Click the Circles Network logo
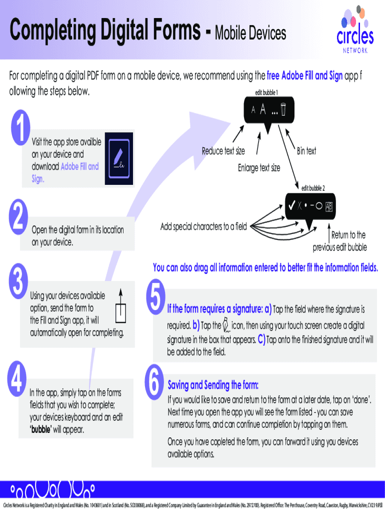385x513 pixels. [x=355, y=30]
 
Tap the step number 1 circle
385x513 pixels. [x=20, y=127]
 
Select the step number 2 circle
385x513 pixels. [x=18, y=216]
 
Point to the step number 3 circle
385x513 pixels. [x=18, y=281]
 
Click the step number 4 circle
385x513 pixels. [x=16, y=379]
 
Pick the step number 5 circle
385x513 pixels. [x=156, y=297]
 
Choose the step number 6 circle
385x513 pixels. [x=154, y=382]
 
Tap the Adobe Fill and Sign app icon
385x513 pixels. [x=119, y=158]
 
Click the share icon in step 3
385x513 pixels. [x=121, y=306]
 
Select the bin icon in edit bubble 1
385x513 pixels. [x=283, y=110]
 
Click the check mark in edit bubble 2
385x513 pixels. [x=291, y=205]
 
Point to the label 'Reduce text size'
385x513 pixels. [x=223, y=151]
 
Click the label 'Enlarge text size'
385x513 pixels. [x=259, y=168]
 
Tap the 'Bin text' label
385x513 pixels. [x=306, y=151]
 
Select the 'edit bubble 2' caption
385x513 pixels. [x=313, y=188]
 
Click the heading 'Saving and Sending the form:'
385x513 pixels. [x=213, y=385]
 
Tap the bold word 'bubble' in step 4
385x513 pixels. [x=41, y=429]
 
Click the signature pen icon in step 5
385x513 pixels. [x=226, y=325]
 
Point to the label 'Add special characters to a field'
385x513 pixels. [x=203, y=226]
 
